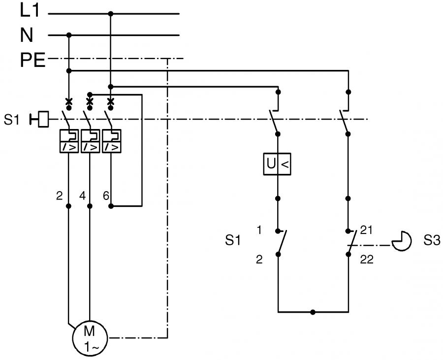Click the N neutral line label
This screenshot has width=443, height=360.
(x=27, y=35)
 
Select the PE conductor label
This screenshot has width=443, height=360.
(x=33, y=60)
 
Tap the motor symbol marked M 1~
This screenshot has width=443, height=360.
(x=90, y=338)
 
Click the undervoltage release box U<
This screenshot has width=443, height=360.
(x=277, y=164)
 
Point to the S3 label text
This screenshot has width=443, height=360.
(x=432, y=240)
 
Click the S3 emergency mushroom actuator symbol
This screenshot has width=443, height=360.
(x=402, y=241)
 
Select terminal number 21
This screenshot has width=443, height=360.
(x=366, y=230)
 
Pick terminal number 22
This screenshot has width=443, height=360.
(x=367, y=260)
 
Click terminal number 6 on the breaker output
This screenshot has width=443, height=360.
(x=106, y=196)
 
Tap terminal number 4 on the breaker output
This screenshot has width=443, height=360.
(x=82, y=196)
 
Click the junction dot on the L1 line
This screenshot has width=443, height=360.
(x=111, y=14)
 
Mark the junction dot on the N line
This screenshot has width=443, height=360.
(x=68, y=35)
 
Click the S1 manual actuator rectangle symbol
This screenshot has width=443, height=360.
(x=43, y=119)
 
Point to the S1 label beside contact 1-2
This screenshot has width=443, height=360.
(x=233, y=240)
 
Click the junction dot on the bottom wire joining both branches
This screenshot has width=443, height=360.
(x=313, y=312)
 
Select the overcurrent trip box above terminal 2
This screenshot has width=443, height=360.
(x=69, y=141)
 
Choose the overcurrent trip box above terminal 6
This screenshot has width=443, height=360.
(x=112, y=141)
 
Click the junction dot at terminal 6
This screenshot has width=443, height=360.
(x=111, y=206)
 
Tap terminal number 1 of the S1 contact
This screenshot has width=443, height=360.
(x=259, y=230)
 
